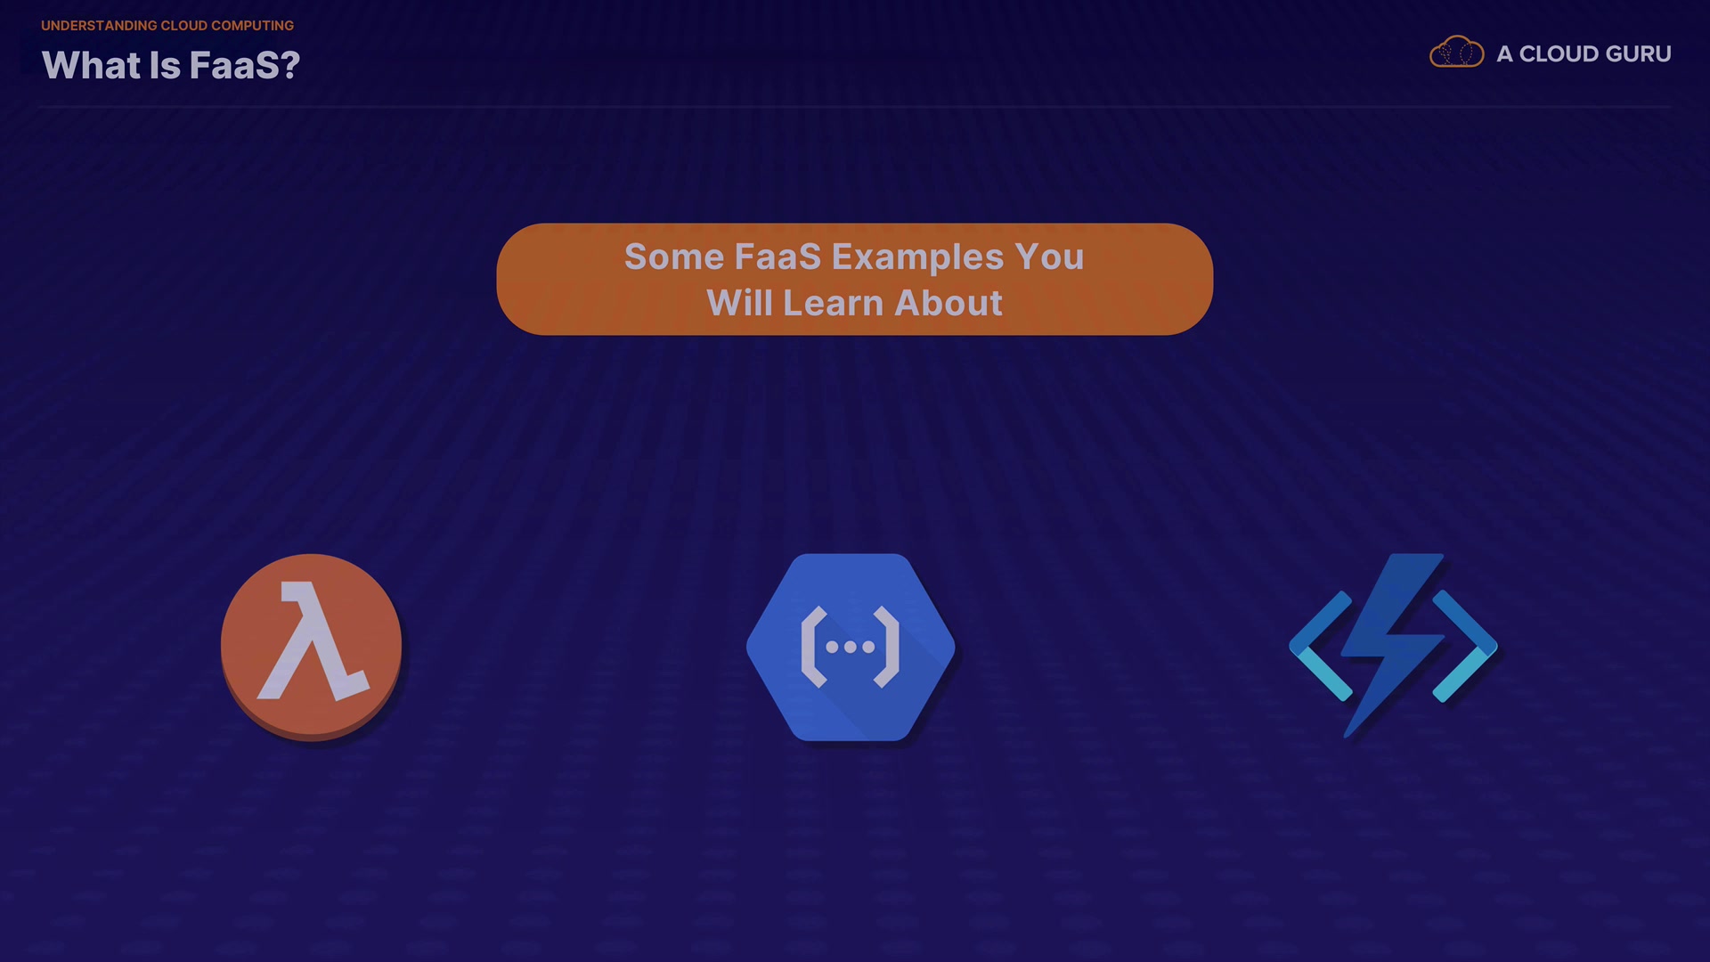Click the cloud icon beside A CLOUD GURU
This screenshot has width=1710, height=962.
1456,53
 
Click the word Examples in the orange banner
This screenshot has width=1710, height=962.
917,257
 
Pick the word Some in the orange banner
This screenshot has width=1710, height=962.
674,257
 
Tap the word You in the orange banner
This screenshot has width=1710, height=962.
1049,257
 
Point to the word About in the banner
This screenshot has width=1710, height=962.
949,303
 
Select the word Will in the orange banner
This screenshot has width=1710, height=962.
739,303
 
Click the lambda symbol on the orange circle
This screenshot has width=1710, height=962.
313,640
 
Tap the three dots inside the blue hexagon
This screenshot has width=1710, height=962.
851,648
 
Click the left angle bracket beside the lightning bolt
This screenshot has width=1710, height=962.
1322,646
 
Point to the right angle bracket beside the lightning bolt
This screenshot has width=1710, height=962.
1465,646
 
